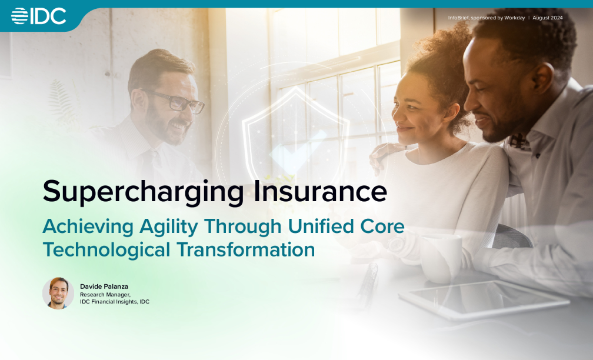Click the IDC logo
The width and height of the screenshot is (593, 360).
(39, 16)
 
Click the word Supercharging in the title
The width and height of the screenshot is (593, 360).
(144, 192)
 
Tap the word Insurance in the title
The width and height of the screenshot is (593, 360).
(320, 191)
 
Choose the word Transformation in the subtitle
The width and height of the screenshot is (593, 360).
(245, 249)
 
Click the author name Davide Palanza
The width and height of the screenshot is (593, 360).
(104, 286)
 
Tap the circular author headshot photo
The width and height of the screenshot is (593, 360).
(58, 294)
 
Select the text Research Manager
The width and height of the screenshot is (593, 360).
(105, 295)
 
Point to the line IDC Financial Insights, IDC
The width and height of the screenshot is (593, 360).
(115, 302)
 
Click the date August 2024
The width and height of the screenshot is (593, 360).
(548, 18)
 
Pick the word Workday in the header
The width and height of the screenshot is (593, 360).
(515, 18)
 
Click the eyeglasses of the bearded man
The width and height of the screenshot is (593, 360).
(178, 101)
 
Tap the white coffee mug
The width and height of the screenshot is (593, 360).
(442, 258)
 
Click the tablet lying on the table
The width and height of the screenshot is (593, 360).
(484, 299)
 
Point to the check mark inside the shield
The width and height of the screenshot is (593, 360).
(298, 149)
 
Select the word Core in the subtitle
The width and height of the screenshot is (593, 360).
(382, 226)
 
